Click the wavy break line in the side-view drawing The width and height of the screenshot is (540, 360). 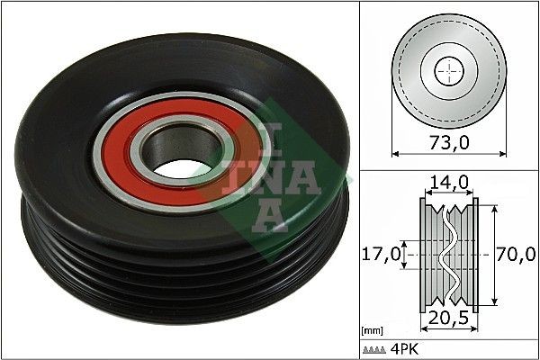447,256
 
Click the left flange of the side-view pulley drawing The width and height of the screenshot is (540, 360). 425,256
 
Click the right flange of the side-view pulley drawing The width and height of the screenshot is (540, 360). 474,256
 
